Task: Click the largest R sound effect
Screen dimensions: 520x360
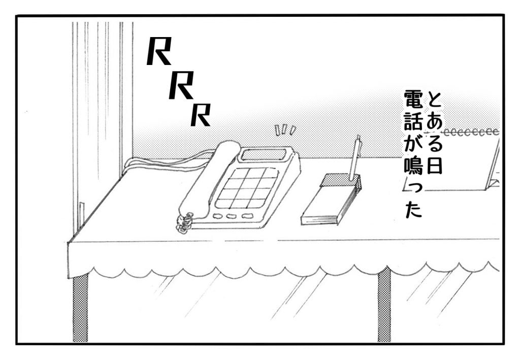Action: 158,51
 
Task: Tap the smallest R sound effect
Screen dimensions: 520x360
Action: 200,115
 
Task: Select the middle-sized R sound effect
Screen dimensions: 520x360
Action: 180,85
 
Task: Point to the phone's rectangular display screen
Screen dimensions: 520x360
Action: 264,154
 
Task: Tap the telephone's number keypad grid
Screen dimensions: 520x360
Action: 246,188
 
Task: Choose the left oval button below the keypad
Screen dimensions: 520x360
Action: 218,216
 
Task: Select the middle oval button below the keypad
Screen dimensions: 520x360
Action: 232,216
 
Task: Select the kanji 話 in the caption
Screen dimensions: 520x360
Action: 413,121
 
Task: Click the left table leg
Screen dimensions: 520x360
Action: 80,308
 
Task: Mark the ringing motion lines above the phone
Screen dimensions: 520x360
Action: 284,130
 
